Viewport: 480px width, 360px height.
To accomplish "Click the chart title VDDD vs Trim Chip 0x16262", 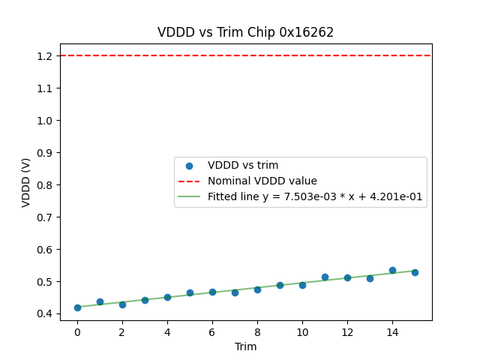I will click(245, 32).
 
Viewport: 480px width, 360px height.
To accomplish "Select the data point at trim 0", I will click(77, 307).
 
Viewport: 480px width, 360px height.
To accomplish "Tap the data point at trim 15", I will click(415, 272).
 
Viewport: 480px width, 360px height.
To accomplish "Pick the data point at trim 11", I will click(325, 277).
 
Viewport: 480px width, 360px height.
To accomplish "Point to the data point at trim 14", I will click(392, 270).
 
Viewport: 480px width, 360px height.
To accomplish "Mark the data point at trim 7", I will click(235, 292).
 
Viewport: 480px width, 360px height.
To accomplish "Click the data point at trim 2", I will click(122, 304).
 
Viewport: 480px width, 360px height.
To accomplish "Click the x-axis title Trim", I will click(245, 346).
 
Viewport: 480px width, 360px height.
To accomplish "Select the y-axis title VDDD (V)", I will click(27, 181).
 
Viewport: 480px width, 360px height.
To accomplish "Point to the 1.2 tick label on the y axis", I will click(43, 56).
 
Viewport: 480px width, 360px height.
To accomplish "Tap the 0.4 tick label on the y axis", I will click(43, 314).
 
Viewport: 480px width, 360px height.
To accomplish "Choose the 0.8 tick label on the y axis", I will click(43, 185).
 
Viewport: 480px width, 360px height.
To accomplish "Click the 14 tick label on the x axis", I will click(392, 332).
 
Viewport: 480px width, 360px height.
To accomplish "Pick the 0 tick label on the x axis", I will click(77, 332).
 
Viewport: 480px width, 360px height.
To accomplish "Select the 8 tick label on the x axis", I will click(257, 332).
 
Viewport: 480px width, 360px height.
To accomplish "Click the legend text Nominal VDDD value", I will click(262, 181).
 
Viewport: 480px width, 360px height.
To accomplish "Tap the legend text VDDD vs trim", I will click(243, 165).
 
